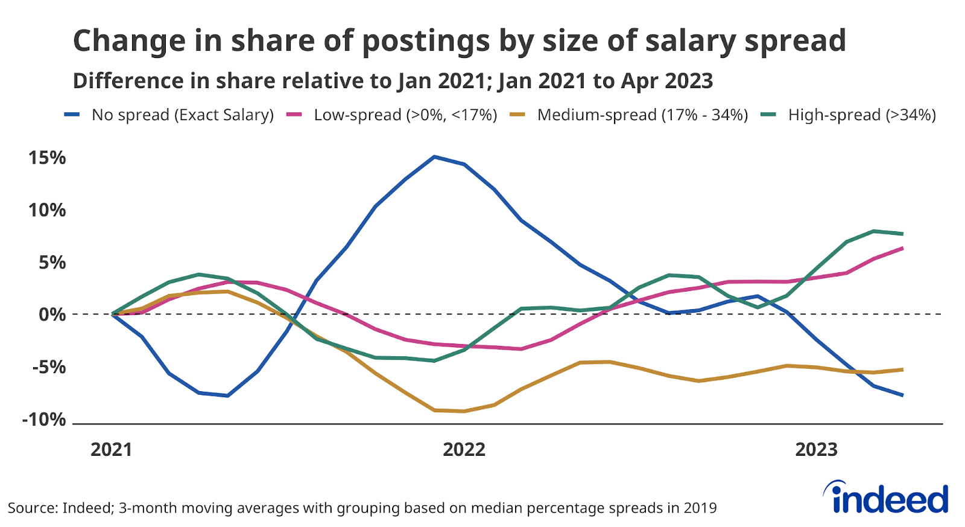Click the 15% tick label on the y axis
point(47,158)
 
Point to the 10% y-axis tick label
point(47,210)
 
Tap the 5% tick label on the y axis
point(52,263)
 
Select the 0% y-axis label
point(52,315)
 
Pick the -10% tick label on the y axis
point(43,419)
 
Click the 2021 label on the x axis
point(111,450)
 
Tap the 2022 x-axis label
point(464,450)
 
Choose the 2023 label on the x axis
point(816,450)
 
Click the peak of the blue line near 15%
point(434,157)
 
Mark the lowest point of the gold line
point(463,411)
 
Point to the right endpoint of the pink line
point(902,248)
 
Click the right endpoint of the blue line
point(902,395)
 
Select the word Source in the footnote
point(31,508)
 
